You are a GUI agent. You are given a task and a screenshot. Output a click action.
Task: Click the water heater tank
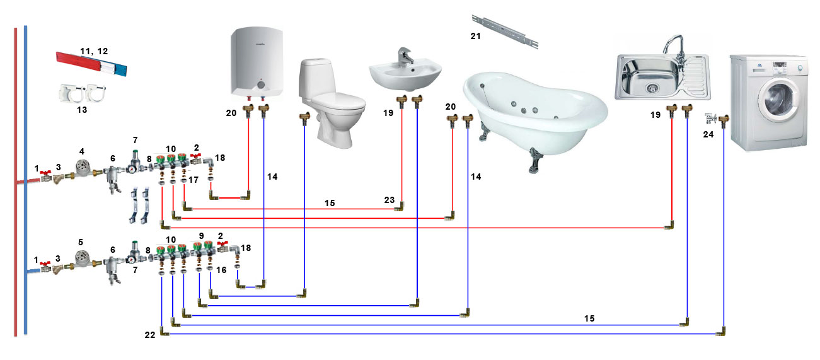pyautogui.click(x=257, y=62)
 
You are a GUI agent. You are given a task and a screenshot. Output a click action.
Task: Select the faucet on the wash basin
pyautogui.click(x=405, y=57)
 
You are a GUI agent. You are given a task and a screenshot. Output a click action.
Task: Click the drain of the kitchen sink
pyautogui.click(x=652, y=88)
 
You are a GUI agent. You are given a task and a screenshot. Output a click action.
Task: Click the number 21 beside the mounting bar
pyautogui.click(x=475, y=36)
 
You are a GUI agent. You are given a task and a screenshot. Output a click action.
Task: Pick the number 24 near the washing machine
pyautogui.click(x=708, y=134)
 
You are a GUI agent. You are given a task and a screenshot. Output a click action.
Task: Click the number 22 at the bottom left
pyautogui.click(x=150, y=335)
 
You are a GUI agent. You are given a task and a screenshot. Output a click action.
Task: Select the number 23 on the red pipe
pyautogui.click(x=389, y=200)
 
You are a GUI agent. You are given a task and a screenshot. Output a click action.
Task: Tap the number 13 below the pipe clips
pyautogui.click(x=82, y=110)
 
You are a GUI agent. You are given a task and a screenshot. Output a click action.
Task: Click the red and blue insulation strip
pyautogui.click(x=91, y=64)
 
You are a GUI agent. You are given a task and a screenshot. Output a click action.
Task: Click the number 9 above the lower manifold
pyautogui.click(x=201, y=236)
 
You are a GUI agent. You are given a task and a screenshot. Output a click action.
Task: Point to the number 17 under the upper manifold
pyautogui.click(x=193, y=180)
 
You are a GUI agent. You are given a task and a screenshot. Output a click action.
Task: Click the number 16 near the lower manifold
pyautogui.click(x=221, y=270)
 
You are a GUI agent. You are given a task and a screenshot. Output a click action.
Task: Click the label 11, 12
pyautogui.click(x=94, y=51)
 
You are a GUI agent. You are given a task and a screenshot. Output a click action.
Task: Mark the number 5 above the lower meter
pyautogui.click(x=81, y=242)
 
